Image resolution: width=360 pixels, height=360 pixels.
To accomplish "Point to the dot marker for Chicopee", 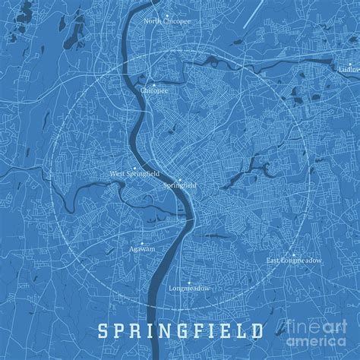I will click(x=153, y=84).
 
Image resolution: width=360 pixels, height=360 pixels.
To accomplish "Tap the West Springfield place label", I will click(x=134, y=173).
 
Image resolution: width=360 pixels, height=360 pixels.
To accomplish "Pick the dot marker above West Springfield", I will click(x=135, y=167).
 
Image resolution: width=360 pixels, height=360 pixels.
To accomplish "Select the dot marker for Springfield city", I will click(x=180, y=179).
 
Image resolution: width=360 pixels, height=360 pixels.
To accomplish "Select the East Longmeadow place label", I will click(x=293, y=261).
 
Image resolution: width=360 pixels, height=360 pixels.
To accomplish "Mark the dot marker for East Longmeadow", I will click(x=293, y=255).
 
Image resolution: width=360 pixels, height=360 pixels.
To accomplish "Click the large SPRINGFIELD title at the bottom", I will click(x=180, y=332).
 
